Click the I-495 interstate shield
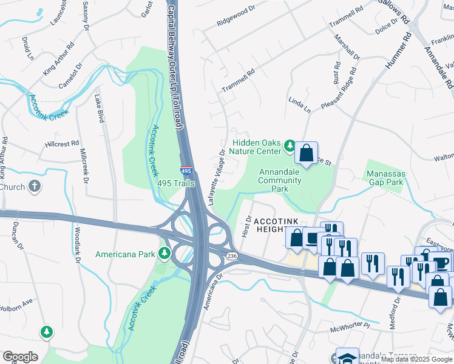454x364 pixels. (x=186, y=172)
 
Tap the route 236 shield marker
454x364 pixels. (x=232, y=257)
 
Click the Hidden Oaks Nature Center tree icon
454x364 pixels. (x=290, y=146)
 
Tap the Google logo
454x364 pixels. (x=20, y=357)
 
